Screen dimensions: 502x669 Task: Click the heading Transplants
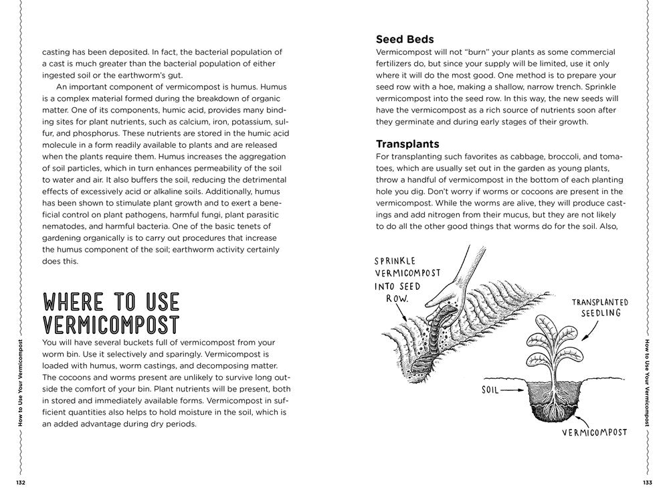407,144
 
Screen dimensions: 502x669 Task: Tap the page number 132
21,483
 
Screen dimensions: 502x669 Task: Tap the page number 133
647,483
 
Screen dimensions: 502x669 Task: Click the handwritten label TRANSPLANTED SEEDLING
599,307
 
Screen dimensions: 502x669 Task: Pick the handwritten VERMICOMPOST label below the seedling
595,432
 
